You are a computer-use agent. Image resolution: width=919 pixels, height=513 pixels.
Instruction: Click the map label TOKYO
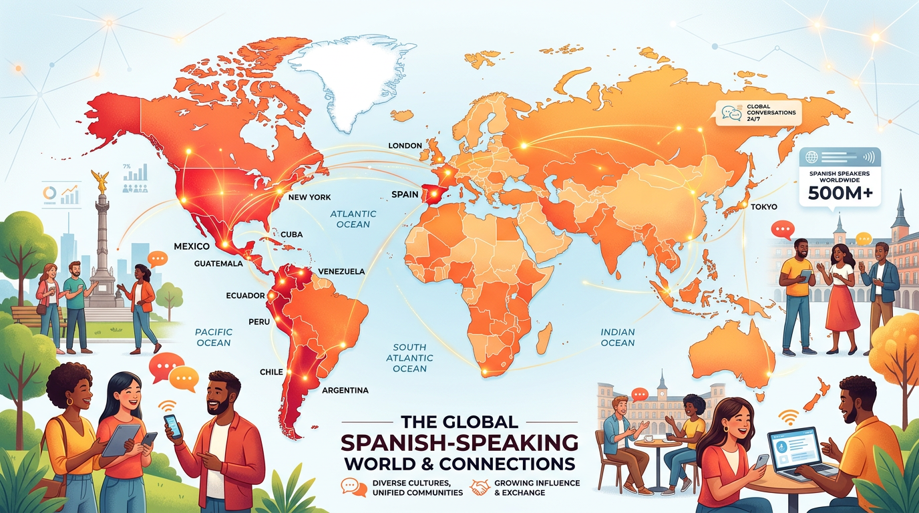point(763,207)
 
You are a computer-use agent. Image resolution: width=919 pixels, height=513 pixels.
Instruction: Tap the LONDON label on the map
point(405,146)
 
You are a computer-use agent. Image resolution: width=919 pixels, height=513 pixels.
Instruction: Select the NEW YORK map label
point(309,198)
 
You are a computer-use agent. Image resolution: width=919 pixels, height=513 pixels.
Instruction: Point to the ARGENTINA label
point(345,390)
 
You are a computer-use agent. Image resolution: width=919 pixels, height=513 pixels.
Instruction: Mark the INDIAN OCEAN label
point(618,337)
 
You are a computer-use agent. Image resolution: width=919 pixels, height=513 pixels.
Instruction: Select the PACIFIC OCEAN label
point(213,337)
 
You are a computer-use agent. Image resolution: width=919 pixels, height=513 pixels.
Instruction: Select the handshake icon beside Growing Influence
point(480,488)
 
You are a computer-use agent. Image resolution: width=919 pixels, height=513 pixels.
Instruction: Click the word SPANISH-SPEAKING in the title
point(460,442)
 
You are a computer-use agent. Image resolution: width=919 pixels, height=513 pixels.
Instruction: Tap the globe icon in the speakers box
point(812,158)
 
